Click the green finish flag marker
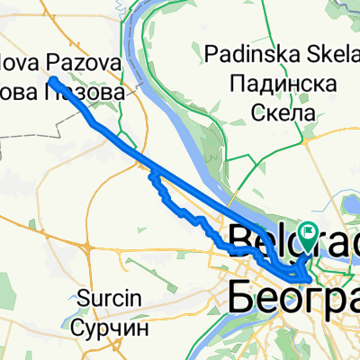310,237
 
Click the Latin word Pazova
93,66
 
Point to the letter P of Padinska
211,51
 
